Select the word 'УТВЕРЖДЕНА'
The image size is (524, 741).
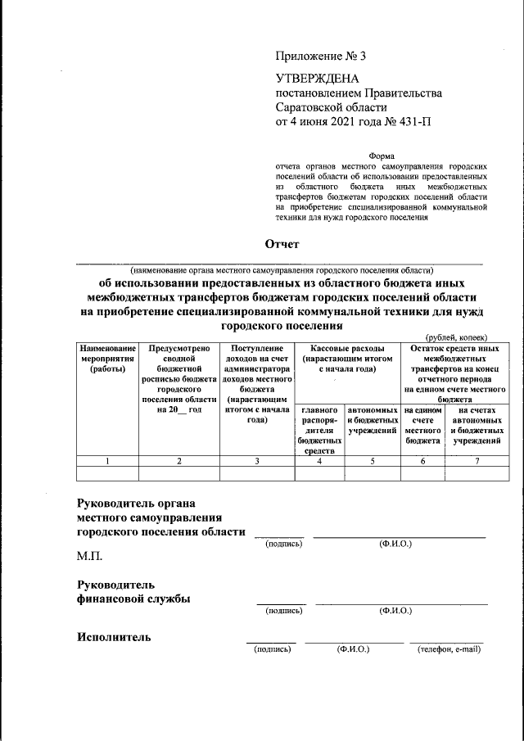click(x=315, y=79)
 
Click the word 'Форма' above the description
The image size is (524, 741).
click(x=381, y=156)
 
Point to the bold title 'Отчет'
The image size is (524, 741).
click(x=282, y=244)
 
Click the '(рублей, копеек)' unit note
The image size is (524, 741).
click(x=456, y=337)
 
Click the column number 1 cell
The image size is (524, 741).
click(x=107, y=461)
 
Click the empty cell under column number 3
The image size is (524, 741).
click(x=256, y=472)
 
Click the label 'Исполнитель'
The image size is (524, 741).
click(x=114, y=637)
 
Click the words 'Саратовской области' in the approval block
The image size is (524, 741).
click(x=331, y=107)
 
